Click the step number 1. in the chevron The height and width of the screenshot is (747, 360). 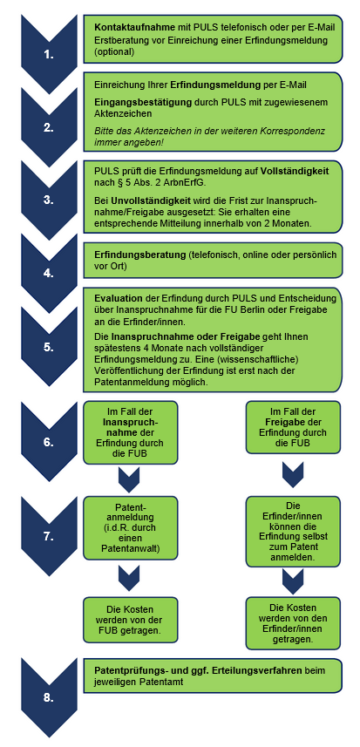pos(49,55)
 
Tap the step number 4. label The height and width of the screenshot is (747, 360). pos(49,274)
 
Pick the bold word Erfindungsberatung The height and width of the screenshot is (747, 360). pos(139,255)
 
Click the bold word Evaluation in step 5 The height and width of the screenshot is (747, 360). pos(119,299)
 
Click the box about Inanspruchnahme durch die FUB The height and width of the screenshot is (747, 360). pos(131,432)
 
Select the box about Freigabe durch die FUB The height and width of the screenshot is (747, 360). pos(293,427)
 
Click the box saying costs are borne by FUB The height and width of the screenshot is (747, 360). pos(131,620)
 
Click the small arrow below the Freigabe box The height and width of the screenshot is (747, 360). pos(293,475)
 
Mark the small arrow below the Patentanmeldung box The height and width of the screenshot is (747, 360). pos(129,577)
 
